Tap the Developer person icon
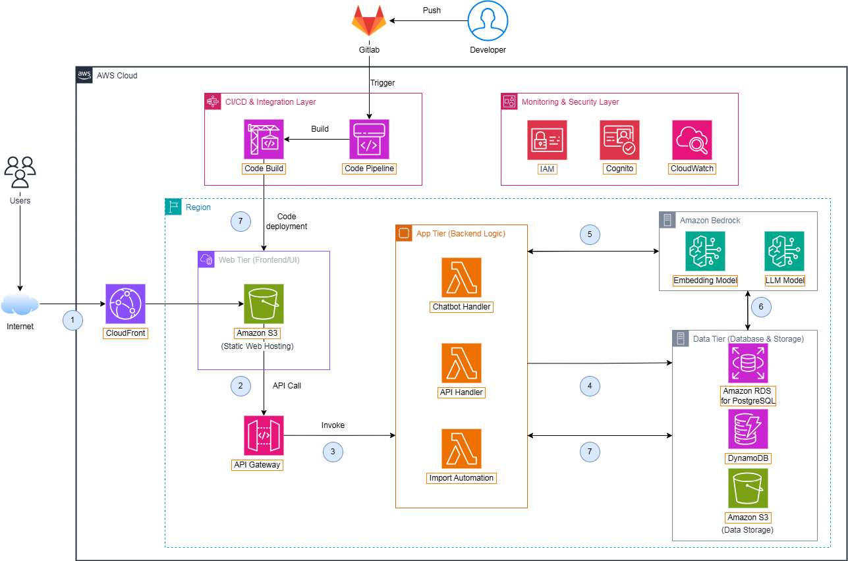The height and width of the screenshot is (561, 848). click(x=488, y=21)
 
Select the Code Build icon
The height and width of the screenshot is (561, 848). click(x=264, y=140)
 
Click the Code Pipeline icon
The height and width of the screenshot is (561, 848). click(x=369, y=140)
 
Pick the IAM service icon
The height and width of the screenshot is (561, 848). click(x=547, y=140)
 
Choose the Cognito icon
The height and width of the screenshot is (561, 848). click(x=619, y=140)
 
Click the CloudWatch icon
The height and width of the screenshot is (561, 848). click(x=692, y=140)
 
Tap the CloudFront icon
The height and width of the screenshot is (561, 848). click(x=125, y=304)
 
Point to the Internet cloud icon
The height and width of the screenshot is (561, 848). click(x=20, y=305)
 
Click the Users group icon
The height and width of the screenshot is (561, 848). click(x=20, y=173)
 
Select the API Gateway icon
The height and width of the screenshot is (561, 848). click(x=264, y=435)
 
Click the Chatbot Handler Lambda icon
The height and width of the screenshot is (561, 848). click(x=461, y=277)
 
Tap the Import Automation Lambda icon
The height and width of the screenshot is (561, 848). click(x=461, y=448)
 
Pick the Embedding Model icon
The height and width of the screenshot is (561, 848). click(x=705, y=251)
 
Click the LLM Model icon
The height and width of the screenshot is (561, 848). click(x=784, y=251)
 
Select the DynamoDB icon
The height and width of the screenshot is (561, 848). click(x=748, y=429)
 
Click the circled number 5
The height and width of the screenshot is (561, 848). click(x=590, y=234)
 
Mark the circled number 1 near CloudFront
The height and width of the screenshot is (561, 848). click(x=73, y=320)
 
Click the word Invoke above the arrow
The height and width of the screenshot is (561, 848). click(x=333, y=425)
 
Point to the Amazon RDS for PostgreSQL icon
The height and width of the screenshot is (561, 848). click(x=748, y=363)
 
